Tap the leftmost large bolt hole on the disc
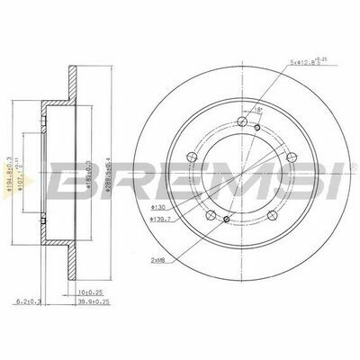pos(190,158)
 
